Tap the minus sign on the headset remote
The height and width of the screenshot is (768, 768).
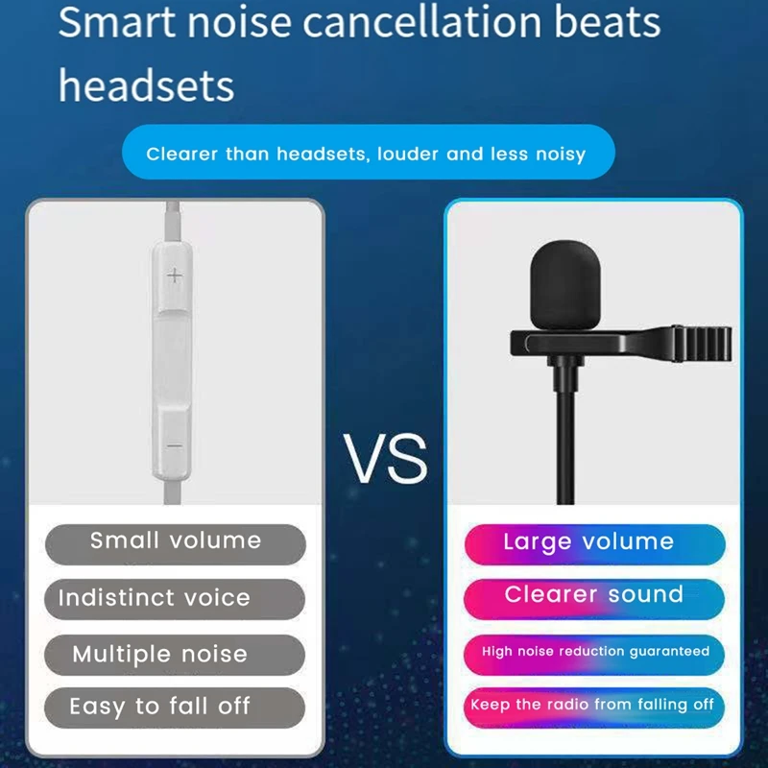pyautogui.click(x=175, y=445)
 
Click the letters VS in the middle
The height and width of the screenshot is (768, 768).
pyautogui.click(x=385, y=460)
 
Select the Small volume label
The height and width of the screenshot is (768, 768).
pyautogui.click(x=176, y=541)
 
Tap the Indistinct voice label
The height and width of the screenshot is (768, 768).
pyautogui.click(x=155, y=598)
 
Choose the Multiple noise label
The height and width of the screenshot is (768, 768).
pyautogui.click(x=160, y=655)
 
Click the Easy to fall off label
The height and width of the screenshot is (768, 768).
pyautogui.click(x=159, y=708)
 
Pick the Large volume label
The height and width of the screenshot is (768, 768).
pyautogui.click(x=588, y=542)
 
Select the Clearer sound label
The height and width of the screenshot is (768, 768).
pyautogui.click(x=594, y=595)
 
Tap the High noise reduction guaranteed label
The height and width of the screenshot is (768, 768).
pyautogui.click(x=595, y=652)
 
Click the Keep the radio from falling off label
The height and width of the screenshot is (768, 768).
pyautogui.click(x=592, y=705)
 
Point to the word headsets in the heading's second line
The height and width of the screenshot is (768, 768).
pyautogui.click(x=146, y=84)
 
